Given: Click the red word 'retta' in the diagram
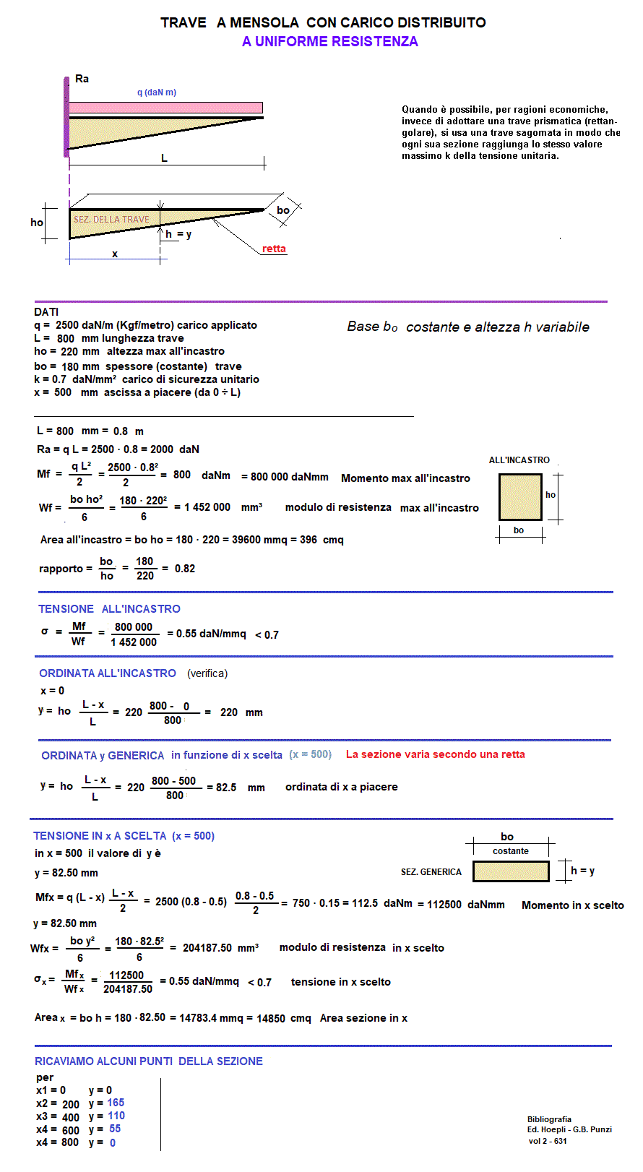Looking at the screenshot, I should click(x=274, y=249).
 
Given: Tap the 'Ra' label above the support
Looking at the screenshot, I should click(x=82, y=79).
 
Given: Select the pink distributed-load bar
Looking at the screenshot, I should click(x=165, y=108).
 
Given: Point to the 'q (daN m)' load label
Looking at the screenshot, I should click(x=157, y=92).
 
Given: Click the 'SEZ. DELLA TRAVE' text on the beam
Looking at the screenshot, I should click(x=111, y=219).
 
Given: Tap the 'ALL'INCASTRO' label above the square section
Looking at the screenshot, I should click(x=519, y=460).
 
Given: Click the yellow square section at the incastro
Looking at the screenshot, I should click(x=519, y=497).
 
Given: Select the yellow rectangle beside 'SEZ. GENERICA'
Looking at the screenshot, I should click(x=510, y=871).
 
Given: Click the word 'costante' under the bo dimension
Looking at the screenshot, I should click(x=510, y=851).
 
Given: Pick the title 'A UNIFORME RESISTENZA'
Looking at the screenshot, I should click(x=330, y=41).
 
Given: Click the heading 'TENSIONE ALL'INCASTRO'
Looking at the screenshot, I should click(x=109, y=609).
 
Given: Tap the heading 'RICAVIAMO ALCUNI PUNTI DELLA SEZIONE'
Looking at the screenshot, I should click(x=149, y=1061).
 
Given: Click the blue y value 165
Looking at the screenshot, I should click(x=116, y=1103).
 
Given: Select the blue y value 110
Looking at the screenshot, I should click(x=116, y=1116).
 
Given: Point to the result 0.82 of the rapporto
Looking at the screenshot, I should click(x=185, y=569).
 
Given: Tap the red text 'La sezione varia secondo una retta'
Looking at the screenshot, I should click(x=435, y=754).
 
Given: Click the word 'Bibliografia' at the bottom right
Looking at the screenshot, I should click(x=549, y=1119).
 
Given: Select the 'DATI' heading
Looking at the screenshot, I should click(x=46, y=312).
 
